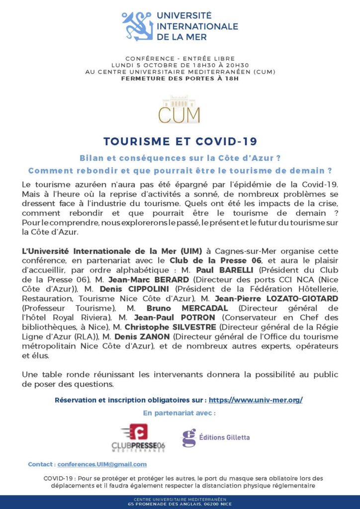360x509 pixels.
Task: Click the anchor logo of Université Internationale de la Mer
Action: [137, 26]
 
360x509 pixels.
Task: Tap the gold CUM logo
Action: [179, 110]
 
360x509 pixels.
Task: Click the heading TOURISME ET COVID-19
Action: [180, 141]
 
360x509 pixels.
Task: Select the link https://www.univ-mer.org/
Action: [256, 400]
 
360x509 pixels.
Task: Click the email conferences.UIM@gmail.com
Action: [102, 464]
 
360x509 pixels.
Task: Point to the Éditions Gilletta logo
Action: [215, 437]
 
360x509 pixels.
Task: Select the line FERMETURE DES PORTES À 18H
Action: [180, 78]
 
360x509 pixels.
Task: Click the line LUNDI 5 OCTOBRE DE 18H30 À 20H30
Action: [180, 65]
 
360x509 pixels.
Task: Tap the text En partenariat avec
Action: [180, 413]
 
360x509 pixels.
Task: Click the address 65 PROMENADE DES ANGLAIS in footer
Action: [180, 504]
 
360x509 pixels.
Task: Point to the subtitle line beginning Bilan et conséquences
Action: [180, 158]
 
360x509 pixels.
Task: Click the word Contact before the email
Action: [41, 464]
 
